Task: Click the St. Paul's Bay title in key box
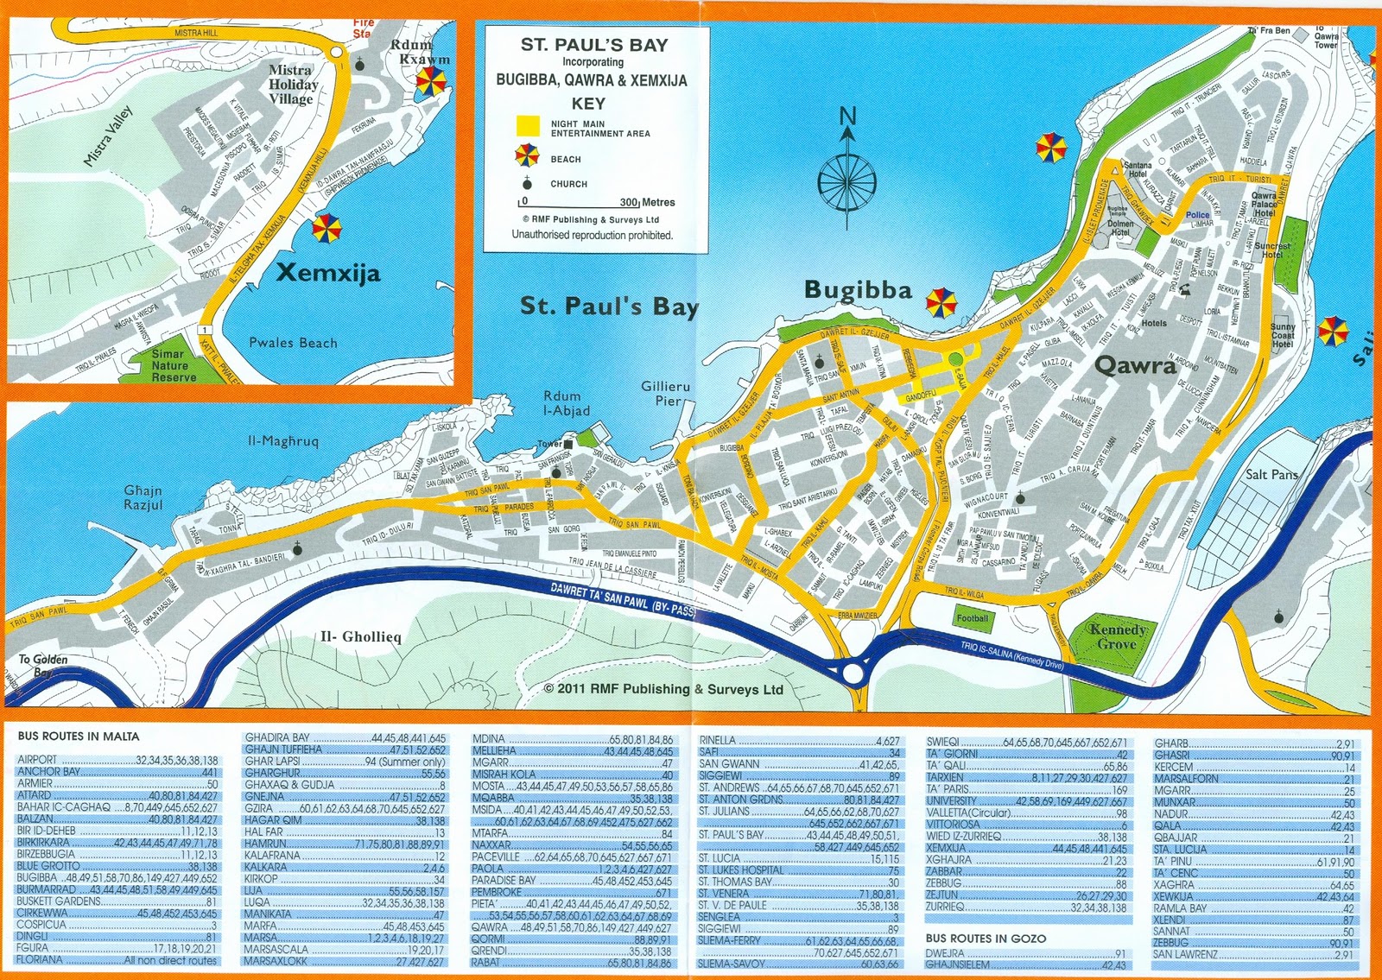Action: (593, 45)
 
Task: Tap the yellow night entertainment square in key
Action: (528, 127)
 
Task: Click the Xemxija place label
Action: (328, 274)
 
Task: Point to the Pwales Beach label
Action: (293, 343)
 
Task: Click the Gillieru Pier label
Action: (666, 394)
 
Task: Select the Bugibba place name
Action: (858, 290)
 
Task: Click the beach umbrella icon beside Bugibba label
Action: (941, 303)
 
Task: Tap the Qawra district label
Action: (1135, 366)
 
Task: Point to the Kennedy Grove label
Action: (1118, 636)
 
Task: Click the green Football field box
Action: (972, 618)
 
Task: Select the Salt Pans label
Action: (1271, 474)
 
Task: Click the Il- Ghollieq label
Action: (361, 637)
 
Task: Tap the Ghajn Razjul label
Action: (143, 497)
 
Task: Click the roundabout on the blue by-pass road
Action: (853, 672)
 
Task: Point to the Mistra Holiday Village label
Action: (293, 84)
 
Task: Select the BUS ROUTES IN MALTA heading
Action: (78, 737)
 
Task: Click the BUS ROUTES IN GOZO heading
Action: (985, 938)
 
